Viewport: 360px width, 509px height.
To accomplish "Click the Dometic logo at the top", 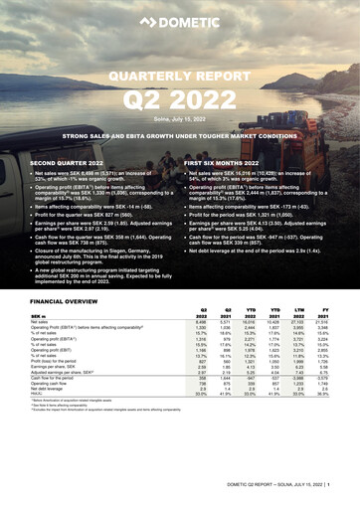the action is (x=180, y=17).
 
